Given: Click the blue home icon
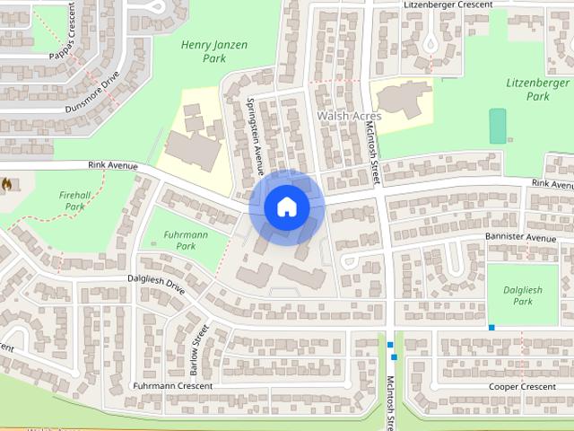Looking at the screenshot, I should tap(287, 207).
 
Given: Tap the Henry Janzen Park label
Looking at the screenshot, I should tap(214, 51).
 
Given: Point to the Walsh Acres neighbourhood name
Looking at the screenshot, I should tap(349, 117).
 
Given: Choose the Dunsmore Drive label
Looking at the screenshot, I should tap(91, 93).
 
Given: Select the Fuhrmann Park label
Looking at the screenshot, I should tap(186, 240).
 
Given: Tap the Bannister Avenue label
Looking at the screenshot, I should tap(520, 238).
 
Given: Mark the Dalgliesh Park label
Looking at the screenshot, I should tap(523, 295).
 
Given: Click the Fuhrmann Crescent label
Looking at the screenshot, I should tap(172, 386).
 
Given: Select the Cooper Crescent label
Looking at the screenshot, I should tap(522, 387).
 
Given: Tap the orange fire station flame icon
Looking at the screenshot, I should tap(6, 185).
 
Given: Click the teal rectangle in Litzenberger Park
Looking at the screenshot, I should tap(497, 126).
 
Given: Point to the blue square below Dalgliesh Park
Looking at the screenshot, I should tap(491, 327).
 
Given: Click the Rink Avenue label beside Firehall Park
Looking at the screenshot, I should tap(112, 165).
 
